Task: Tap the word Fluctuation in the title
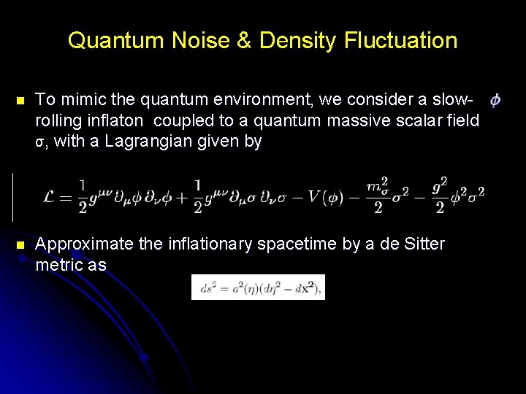coord(399,41)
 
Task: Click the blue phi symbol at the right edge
coord(495,100)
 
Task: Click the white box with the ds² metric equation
coord(258,287)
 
